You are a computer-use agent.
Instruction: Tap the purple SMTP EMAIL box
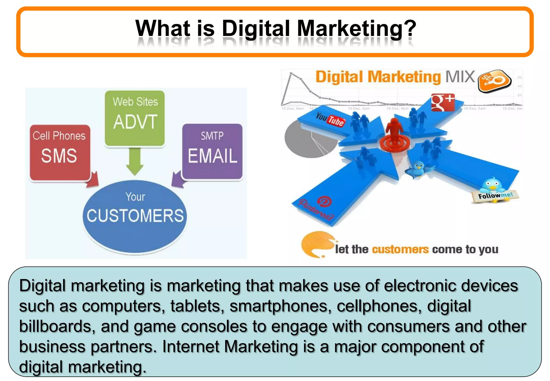pyautogui.click(x=212, y=151)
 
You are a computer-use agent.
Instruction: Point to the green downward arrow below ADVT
pyautogui.click(x=135, y=161)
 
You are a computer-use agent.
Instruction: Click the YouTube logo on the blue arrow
pyautogui.click(x=330, y=120)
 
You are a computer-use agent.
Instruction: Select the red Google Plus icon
pyautogui.click(x=443, y=102)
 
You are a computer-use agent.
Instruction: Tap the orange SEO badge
pyautogui.click(x=494, y=81)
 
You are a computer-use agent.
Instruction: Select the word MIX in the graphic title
pyautogui.click(x=460, y=77)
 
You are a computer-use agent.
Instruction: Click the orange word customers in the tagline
pyautogui.click(x=400, y=250)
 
